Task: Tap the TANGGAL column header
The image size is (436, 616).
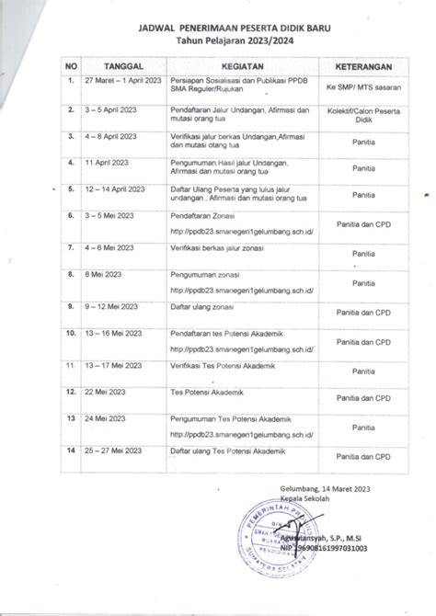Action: [122, 67]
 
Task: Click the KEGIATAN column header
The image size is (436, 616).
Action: [243, 67]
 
